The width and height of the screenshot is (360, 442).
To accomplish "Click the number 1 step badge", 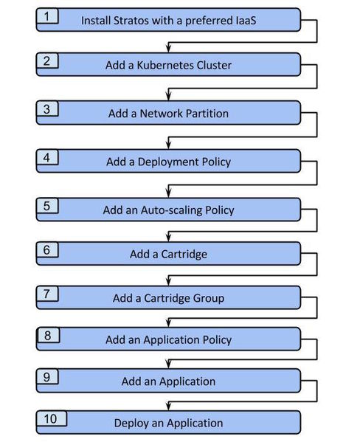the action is coord(47,15).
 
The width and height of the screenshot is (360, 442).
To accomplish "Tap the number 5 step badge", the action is coord(47,206).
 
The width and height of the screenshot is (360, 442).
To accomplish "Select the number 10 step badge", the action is coord(52,418).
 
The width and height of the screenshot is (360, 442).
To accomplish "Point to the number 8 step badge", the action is coord(49,335).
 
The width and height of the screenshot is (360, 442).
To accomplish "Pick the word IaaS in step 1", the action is coord(245,21).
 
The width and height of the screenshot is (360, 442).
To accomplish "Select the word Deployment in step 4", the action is coord(168,162).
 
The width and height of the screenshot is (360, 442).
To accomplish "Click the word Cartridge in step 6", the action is coord(184,255).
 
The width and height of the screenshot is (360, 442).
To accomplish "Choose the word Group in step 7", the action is coord(209,298).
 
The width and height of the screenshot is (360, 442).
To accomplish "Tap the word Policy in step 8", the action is coord(217,339).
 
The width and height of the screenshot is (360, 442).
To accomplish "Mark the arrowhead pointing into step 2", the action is coord(168,48).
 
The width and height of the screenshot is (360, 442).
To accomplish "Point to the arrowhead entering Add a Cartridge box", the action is coord(168,237).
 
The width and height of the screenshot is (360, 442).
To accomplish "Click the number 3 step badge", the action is coord(47,108).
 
